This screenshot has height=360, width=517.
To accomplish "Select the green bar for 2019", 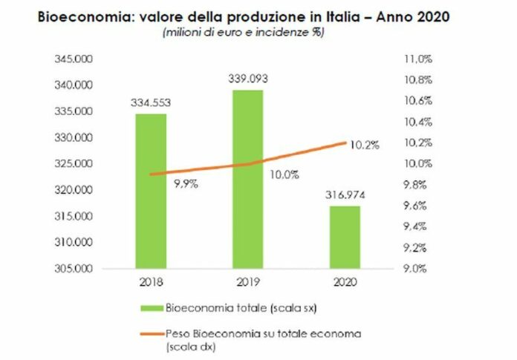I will click(x=248, y=178).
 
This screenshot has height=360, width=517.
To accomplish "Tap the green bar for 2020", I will click(x=345, y=236).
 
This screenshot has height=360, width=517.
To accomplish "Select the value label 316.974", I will click(x=345, y=196).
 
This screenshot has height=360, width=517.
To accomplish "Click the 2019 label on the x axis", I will click(x=248, y=283).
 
